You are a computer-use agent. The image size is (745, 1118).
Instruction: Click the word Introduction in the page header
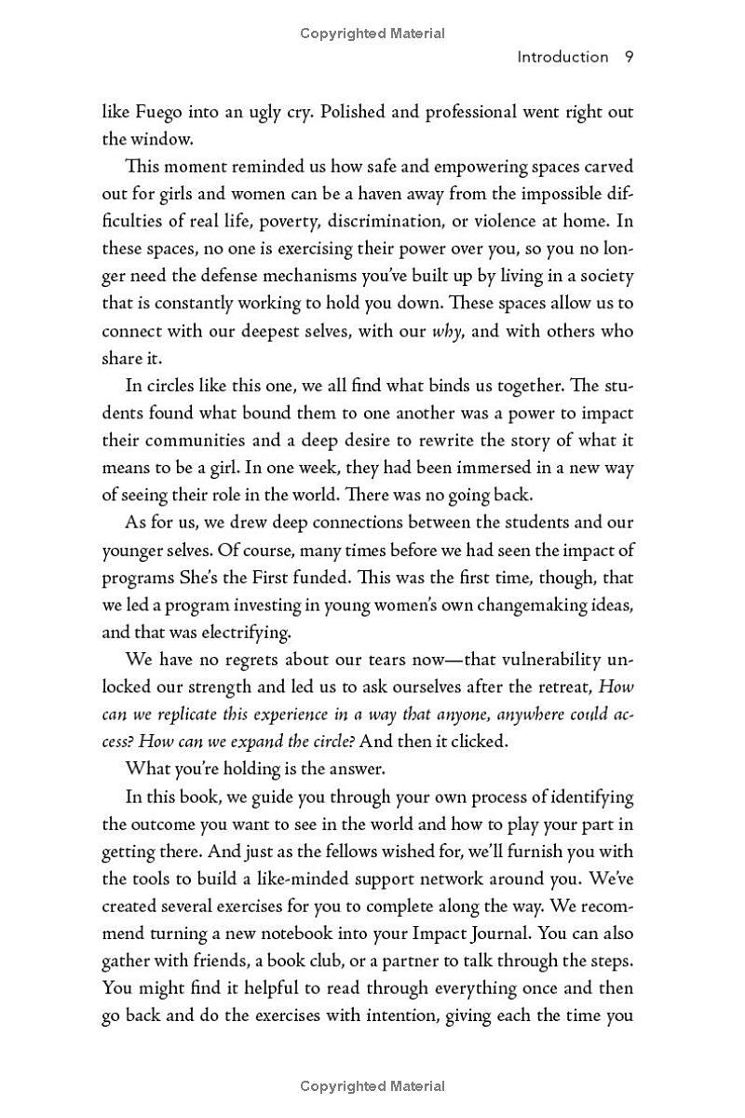(x=562, y=57)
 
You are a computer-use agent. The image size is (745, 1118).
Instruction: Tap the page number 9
(x=630, y=57)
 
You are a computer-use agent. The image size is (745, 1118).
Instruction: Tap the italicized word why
(x=447, y=332)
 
